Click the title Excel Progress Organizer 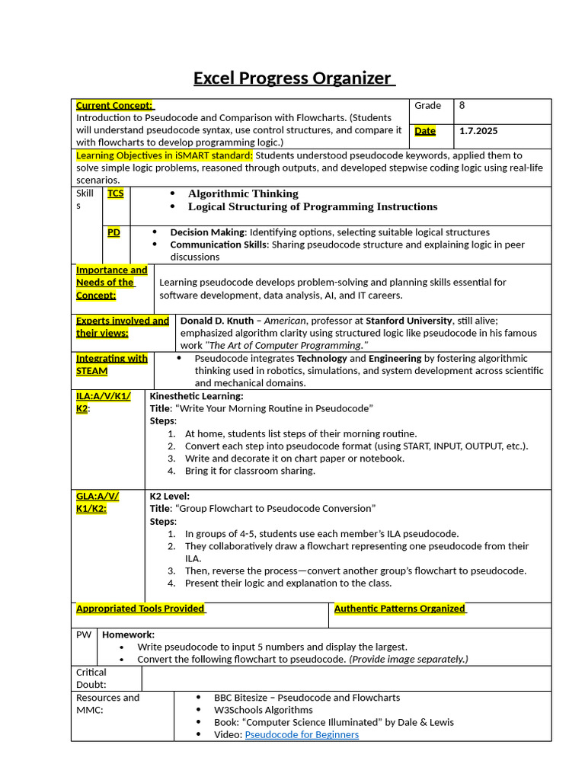point(292,78)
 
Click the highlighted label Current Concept point(114,106)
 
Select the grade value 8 point(462,106)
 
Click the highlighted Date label point(425,131)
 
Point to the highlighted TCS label point(116,193)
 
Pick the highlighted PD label point(113,232)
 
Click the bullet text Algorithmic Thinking point(243,193)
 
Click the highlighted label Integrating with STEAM point(111,365)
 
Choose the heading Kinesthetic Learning point(197,396)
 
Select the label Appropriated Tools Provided point(141,609)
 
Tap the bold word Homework point(129,635)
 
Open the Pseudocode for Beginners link point(302,734)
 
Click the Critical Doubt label point(91,679)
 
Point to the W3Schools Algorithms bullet point(263,710)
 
